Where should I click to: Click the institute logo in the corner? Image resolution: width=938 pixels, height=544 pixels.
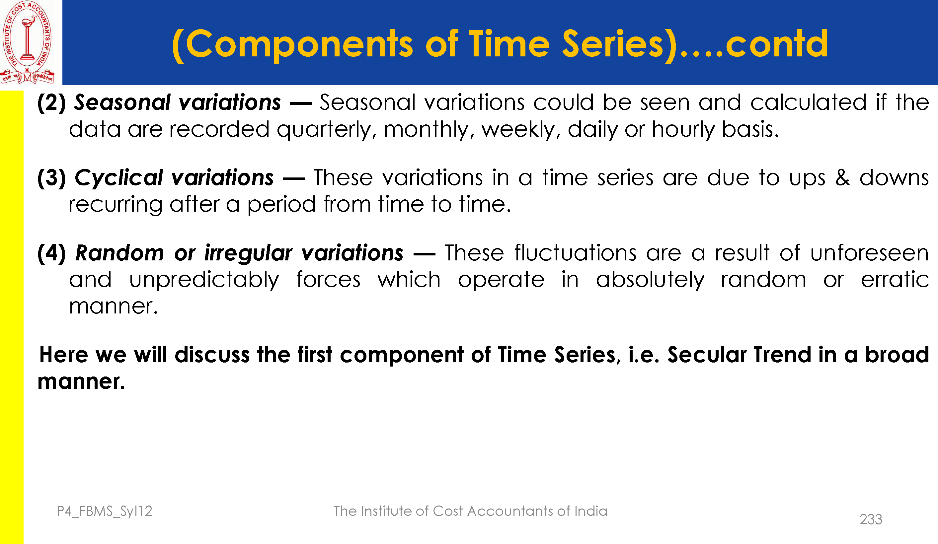pos(28,42)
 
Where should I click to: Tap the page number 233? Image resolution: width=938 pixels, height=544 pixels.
pos(871,519)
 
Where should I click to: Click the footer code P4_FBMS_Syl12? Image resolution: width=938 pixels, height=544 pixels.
pos(105,511)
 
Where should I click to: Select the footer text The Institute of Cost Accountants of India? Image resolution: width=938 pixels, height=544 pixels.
pos(470,511)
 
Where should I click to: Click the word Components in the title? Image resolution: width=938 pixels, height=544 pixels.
pos(299,45)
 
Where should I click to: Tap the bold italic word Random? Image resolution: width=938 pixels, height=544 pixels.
pos(119,253)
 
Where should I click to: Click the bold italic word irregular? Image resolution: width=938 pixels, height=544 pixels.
pos(248,254)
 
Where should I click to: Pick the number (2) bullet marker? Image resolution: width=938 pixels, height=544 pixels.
pos(52,103)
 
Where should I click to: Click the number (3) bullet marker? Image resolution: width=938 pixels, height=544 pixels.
pos(52,178)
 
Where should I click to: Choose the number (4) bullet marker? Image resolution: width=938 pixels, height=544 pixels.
pos(52,253)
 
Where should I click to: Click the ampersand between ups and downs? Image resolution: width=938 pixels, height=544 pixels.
pos(842,177)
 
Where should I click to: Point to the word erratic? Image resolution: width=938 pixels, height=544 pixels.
pos(895,280)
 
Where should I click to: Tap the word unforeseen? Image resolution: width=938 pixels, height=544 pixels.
pos(870,253)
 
